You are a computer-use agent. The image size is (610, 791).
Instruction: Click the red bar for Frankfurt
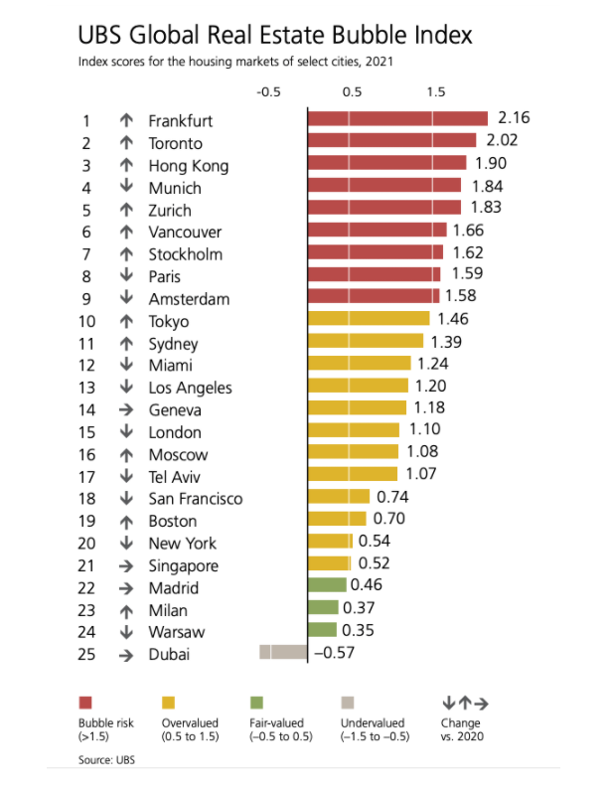(x=397, y=120)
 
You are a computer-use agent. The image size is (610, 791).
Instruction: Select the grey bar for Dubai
(x=283, y=653)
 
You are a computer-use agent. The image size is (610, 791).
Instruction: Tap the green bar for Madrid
(x=327, y=586)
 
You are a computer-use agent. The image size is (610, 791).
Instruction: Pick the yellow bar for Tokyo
(x=369, y=320)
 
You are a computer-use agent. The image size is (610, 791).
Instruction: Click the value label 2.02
(x=501, y=141)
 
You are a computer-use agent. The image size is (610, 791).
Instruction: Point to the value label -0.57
(x=335, y=653)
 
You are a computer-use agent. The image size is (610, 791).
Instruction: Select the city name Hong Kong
(x=189, y=165)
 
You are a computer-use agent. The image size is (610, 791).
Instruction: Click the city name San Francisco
(x=196, y=498)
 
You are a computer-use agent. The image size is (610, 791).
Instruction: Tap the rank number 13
(x=86, y=387)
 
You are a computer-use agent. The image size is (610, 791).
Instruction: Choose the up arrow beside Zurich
(x=126, y=210)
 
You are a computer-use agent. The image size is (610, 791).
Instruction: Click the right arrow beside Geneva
(x=126, y=409)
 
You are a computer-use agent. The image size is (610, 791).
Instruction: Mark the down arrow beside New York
(x=126, y=543)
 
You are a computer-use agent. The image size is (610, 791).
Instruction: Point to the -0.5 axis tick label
(x=267, y=91)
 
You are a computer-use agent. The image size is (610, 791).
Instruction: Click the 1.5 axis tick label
(x=435, y=91)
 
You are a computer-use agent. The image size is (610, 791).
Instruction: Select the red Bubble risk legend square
(x=84, y=704)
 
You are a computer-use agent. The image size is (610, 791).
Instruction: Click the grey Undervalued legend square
(x=347, y=704)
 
